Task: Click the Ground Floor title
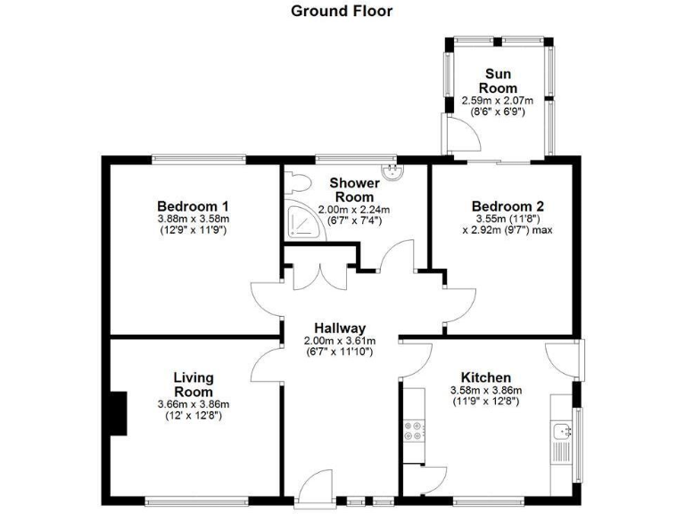[x=342, y=12]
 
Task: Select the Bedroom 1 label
[x=194, y=205]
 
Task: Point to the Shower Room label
[x=354, y=189]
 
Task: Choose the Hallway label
[x=340, y=328]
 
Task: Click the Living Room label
[x=193, y=385]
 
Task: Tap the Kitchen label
[x=485, y=377]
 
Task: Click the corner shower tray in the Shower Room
[x=302, y=217]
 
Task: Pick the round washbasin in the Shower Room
[x=391, y=172]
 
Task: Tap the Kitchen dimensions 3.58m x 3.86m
[x=485, y=390]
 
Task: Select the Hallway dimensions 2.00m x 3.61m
[x=340, y=341]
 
